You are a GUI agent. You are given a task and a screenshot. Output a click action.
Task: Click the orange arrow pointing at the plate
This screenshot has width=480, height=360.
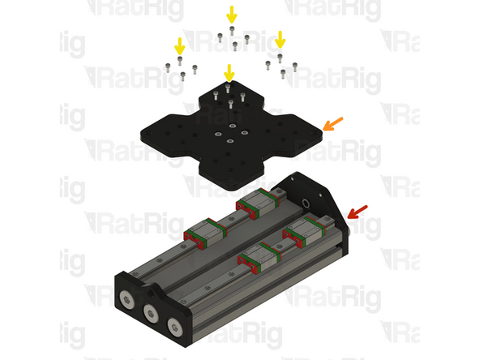tap(332, 124)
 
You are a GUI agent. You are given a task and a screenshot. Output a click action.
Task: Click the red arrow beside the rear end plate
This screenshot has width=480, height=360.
tap(358, 212)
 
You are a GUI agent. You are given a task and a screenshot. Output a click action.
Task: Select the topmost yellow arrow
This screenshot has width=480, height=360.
tap(232, 15)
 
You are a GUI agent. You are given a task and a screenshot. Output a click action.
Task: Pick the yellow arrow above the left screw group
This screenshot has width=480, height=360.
tap(180, 46)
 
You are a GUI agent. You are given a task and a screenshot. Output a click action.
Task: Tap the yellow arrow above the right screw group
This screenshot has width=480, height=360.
tap(280, 40)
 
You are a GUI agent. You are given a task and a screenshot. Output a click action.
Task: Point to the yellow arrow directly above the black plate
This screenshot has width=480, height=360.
tap(229, 73)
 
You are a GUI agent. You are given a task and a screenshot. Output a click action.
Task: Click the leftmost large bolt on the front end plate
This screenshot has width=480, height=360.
tap(127, 299)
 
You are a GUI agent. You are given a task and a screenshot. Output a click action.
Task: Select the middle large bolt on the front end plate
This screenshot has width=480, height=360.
tap(151, 313)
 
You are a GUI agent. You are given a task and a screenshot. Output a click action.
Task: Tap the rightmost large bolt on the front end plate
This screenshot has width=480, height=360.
tap(175, 328)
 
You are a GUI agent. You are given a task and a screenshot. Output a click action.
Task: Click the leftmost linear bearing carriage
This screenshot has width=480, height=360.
tap(205, 234)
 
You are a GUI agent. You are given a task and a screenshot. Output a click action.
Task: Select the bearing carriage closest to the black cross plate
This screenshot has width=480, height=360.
tap(258, 204)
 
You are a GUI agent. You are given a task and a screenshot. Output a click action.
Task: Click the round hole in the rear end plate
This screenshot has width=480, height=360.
tap(306, 203)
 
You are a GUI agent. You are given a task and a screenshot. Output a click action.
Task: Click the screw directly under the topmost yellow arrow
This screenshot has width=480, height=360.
tap(232, 30)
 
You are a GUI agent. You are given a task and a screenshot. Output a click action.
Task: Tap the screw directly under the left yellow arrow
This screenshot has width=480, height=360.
tap(180, 61)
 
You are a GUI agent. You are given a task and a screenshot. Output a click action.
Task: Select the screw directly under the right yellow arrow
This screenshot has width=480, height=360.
tap(280, 58)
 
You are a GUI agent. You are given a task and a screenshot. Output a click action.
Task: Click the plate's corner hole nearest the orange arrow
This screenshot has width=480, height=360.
tap(314, 134)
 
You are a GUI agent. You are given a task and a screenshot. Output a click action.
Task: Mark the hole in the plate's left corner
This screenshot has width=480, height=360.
tap(148, 134)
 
